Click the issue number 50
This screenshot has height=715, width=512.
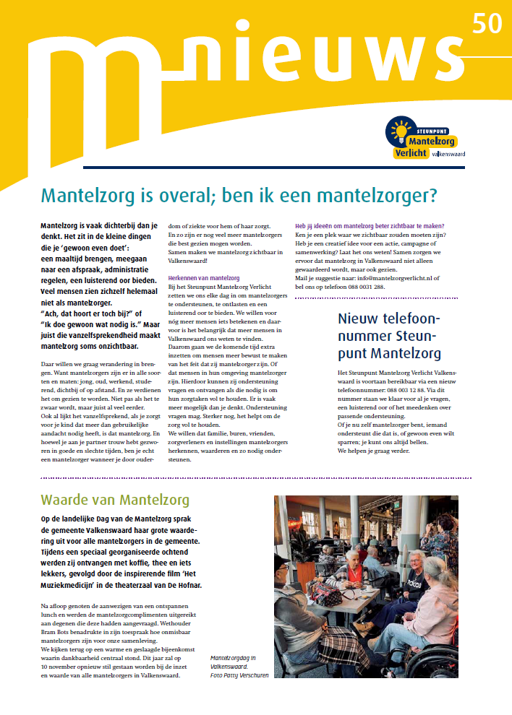coord(487,23)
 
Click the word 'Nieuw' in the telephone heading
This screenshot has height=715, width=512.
coord(362,319)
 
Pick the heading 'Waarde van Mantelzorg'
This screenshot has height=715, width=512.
coord(115,499)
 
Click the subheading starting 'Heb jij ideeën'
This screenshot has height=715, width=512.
coord(370,226)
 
